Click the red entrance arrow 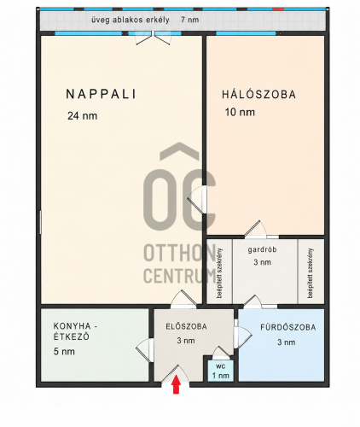click(177, 384)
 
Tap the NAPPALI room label click(102, 94)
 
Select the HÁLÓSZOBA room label click(258, 94)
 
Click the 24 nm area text click(82, 115)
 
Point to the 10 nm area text click(240, 112)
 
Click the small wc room click(220, 371)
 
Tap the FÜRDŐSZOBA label click(288, 327)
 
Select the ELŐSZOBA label click(186, 326)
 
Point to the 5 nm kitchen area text click(64, 351)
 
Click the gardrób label click(262, 250)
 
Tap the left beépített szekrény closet click(219, 272)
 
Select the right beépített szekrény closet click(311, 272)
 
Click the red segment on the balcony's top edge click(278, 9)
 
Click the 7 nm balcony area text click(189, 20)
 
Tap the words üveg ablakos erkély click(131, 20)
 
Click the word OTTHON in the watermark click(180, 253)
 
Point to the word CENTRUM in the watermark click(180, 275)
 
